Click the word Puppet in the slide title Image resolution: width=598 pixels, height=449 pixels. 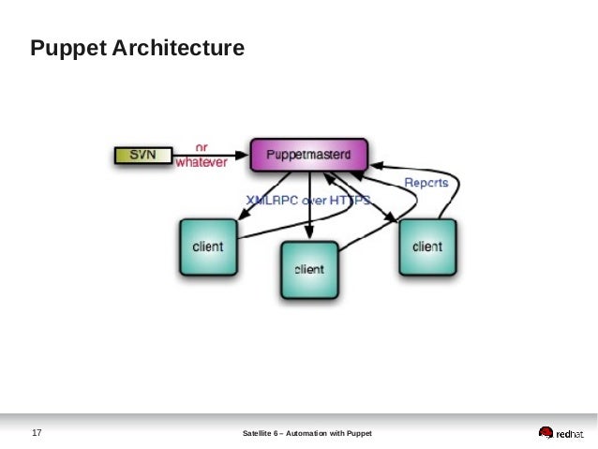[64, 47]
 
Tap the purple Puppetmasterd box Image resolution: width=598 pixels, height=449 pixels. [308, 155]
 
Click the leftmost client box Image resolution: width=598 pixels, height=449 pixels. [207, 247]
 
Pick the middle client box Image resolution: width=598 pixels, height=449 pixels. [308, 269]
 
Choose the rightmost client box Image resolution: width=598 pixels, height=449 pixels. [426, 247]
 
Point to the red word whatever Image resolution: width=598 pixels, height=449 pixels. [202, 161]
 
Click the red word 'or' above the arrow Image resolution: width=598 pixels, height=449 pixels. [202, 146]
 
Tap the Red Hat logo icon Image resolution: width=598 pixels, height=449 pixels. [546, 433]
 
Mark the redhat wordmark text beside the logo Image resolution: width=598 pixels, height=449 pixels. [570, 433]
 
